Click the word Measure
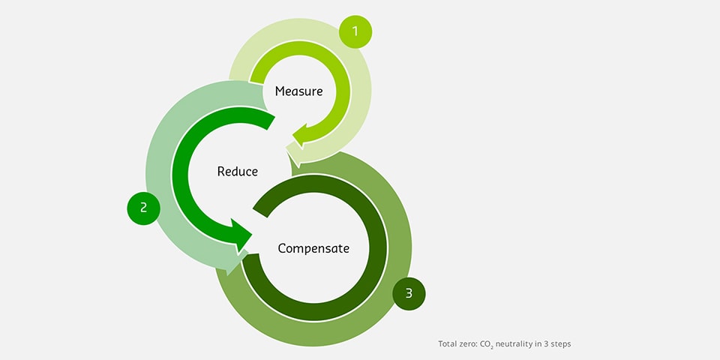click(299, 91)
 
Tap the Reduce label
click(238, 171)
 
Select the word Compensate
click(313, 248)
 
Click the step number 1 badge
click(355, 31)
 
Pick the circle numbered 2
click(144, 208)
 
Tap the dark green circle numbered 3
click(409, 293)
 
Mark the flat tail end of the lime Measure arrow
click(257, 78)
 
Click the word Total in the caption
click(445, 343)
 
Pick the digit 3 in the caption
click(547, 343)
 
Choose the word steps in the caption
click(561, 344)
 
